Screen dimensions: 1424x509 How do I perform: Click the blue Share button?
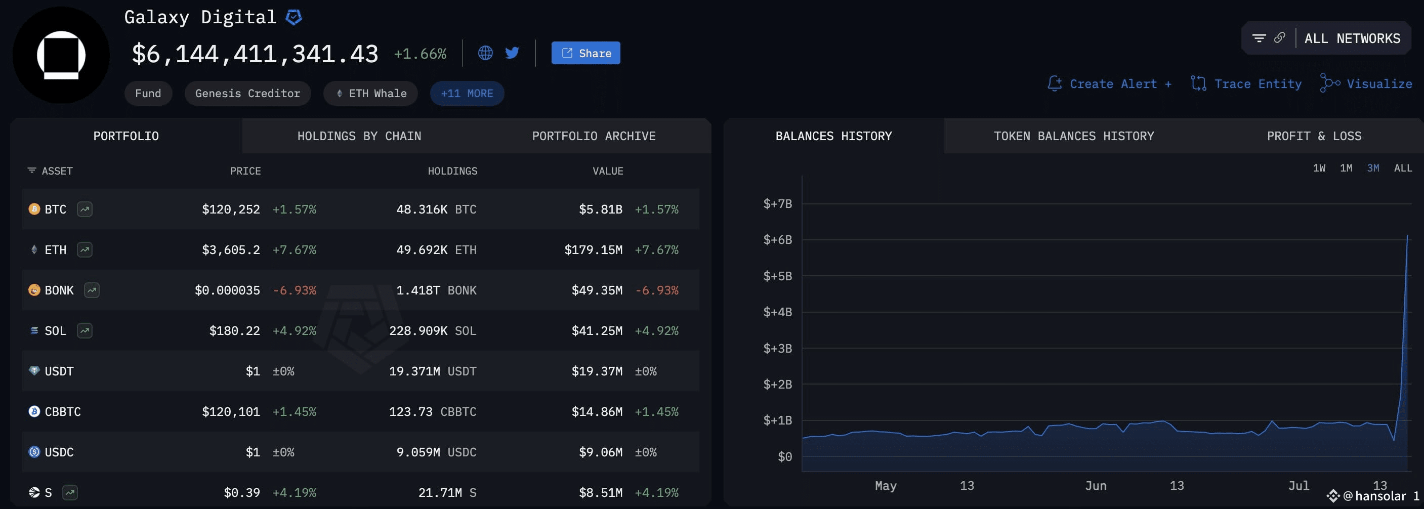coord(585,53)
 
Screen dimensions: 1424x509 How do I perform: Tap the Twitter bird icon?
coord(513,53)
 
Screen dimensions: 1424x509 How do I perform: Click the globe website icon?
coord(485,53)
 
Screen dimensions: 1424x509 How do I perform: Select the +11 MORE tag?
coord(467,94)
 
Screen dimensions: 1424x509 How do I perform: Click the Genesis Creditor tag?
coord(247,94)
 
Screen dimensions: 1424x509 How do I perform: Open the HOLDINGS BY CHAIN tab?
coord(359,136)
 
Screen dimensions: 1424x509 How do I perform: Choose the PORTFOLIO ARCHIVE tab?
coord(594,136)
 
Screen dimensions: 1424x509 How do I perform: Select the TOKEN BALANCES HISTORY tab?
coord(1073,136)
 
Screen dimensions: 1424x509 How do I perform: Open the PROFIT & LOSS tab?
coord(1314,136)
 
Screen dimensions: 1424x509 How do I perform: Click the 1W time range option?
coord(1319,168)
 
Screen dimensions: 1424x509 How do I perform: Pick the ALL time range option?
coord(1403,168)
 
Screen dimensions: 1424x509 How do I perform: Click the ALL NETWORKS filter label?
coord(1352,38)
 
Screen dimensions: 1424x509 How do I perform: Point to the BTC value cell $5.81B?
coord(600,209)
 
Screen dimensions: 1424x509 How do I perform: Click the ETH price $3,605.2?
coord(231,250)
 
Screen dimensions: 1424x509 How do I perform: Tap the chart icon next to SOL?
coord(85,330)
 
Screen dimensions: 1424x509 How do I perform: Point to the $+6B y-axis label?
coord(777,240)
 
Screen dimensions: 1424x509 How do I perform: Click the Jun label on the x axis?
coord(1096,485)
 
